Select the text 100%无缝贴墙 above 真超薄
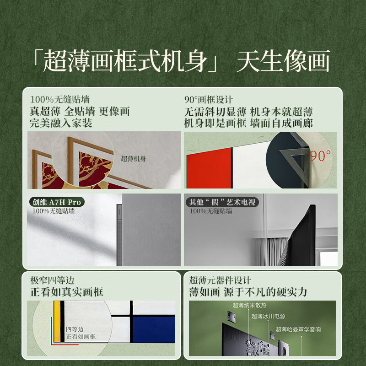(59, 99)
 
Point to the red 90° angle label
(321, 156)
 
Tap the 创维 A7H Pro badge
(56, 202)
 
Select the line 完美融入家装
(60, 123)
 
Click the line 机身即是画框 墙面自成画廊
(248, 123)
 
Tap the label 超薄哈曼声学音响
(298, 329)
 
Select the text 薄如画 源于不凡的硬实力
(248, 292)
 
